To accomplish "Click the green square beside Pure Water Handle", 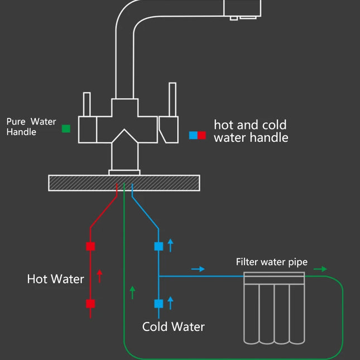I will [66, 128].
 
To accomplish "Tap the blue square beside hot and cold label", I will [193, 135].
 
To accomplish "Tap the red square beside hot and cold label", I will [201, 135].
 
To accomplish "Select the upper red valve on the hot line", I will [90, 246].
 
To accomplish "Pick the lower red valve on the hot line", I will [90, 304].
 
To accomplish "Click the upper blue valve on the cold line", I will [159, 246].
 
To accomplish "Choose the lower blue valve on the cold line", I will [159, 304].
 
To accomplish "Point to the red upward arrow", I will [100, 276].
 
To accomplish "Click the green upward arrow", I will [132, 292].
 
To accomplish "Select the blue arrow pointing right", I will [198, 269].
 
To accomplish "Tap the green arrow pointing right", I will [320, 269].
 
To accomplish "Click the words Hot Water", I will [55, 279].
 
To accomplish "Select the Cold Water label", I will [173, 327].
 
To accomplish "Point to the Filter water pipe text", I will [271, 262].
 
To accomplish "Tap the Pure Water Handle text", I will [31, 127].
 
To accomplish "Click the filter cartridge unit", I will [275, 310].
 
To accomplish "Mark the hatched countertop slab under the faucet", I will [124, 183].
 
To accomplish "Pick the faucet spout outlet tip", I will [243, 17].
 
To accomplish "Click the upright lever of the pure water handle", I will [87, 104].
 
